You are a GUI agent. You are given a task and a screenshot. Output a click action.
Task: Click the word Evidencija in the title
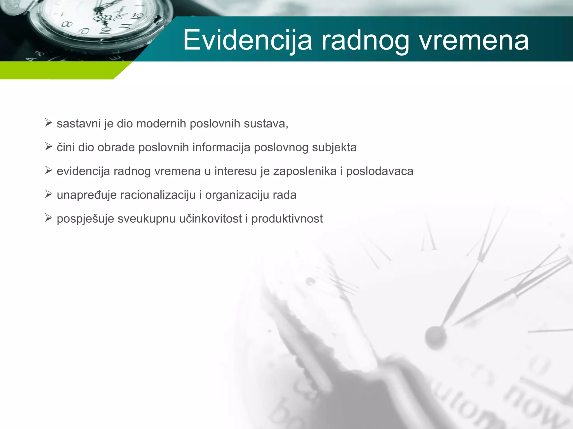[247, 40]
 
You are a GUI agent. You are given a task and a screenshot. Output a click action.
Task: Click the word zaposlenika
[305, 171]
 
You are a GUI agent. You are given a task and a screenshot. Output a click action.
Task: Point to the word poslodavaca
[380, 171]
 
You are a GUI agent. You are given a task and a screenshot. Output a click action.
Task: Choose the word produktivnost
[287, 219]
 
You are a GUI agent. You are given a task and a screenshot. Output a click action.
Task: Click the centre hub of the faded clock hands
[435, 336]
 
